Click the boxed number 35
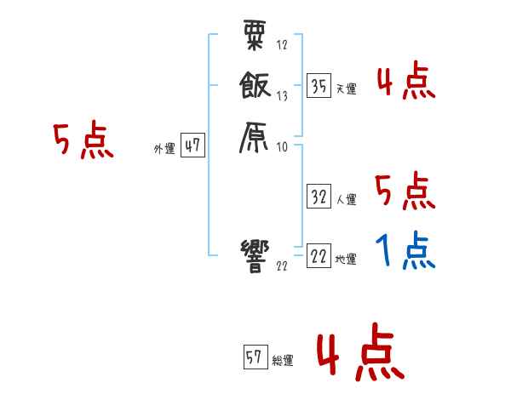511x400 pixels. click(x=319, y=86)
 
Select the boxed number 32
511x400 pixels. click(x=319, y=197)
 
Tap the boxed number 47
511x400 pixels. click(x=192, y=146)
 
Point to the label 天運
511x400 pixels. click(x=346, y=89)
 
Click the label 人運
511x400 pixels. click(x=346, y=200)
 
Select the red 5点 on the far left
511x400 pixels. click(x=83, y=140)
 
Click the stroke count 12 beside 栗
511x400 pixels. click(x=283, y=45)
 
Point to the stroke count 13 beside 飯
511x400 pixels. click(x=283, y=96)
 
